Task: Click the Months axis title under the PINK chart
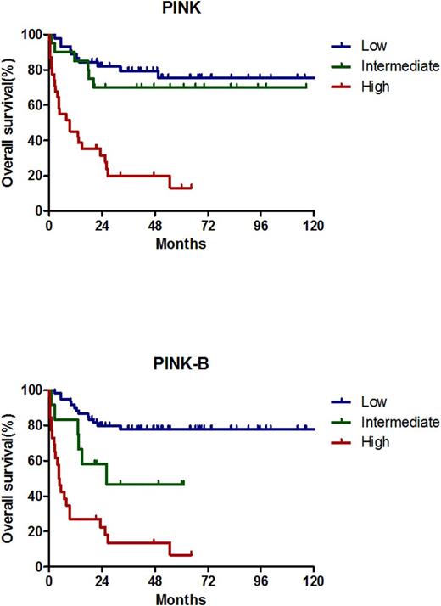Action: pyautogui.click(x=181, y=243)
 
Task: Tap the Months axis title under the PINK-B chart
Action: pyautogui.click(x=181, y=598)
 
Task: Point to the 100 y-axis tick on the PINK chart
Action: pyautogui.click(x=32, y=34)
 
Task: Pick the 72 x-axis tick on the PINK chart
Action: pyautogui.click(x=208, y=226)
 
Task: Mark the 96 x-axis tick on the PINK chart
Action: pyautogui.click(x=261, y=226)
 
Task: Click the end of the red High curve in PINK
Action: pyautogui.click(x=192, y=187)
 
